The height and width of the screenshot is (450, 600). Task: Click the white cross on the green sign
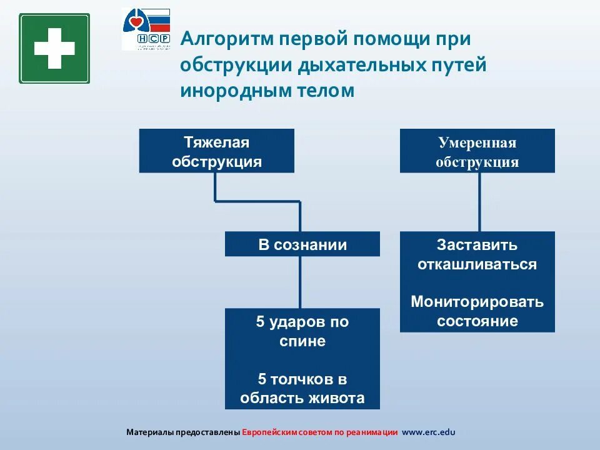[54, 48]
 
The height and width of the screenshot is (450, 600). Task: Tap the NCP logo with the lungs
[146, 29]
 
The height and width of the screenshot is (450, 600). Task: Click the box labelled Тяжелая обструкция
[216, 151]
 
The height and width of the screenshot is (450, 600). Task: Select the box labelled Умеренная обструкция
[477, 151]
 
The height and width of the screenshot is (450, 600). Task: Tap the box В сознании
[302, 244]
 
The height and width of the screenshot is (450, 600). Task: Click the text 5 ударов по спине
[302, 332]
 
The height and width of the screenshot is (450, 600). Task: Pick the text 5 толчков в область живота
[302, 389]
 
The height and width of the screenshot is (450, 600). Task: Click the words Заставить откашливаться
[477, 254]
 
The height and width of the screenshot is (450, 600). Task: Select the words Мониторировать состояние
[477, 311]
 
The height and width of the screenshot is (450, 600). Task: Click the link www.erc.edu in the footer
[429, 432]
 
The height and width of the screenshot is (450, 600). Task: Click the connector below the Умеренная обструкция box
[480, 202]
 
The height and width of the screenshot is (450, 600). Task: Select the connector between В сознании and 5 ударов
[301, 282]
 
